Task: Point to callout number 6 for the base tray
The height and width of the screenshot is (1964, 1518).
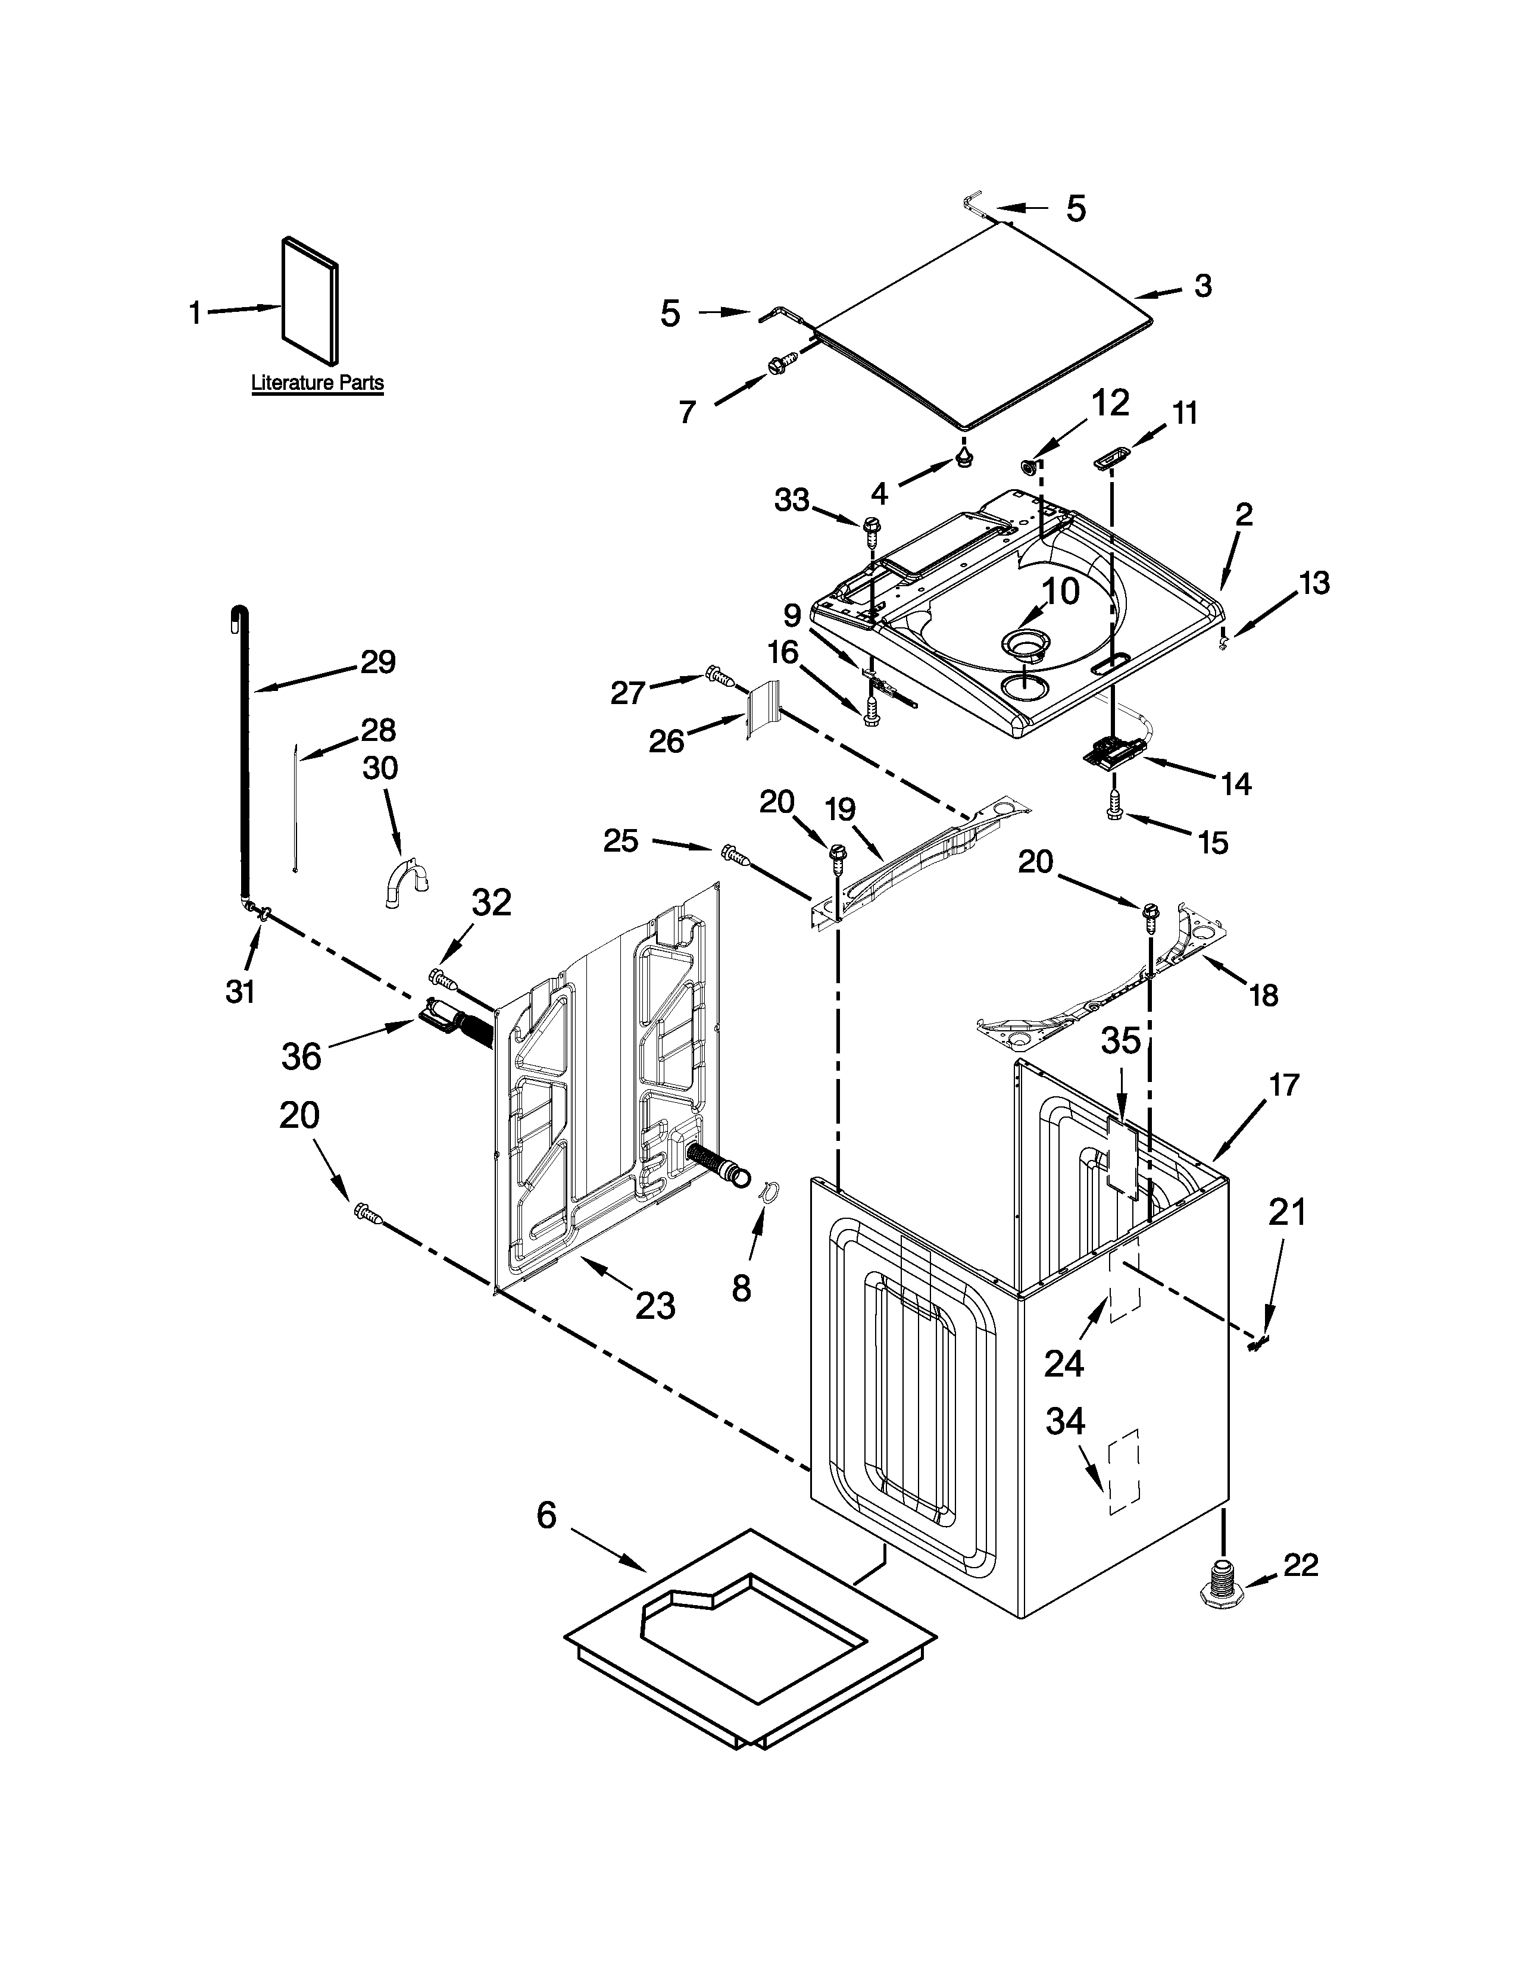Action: point(546,1516)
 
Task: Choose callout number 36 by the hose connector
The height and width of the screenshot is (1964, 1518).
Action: point(301,1056)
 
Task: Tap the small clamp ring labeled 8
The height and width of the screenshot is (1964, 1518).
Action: point(766,1191)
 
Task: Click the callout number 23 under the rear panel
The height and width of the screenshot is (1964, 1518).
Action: point(655,1305)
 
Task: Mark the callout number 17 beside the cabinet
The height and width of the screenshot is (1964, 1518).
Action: point(1284,1086)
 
